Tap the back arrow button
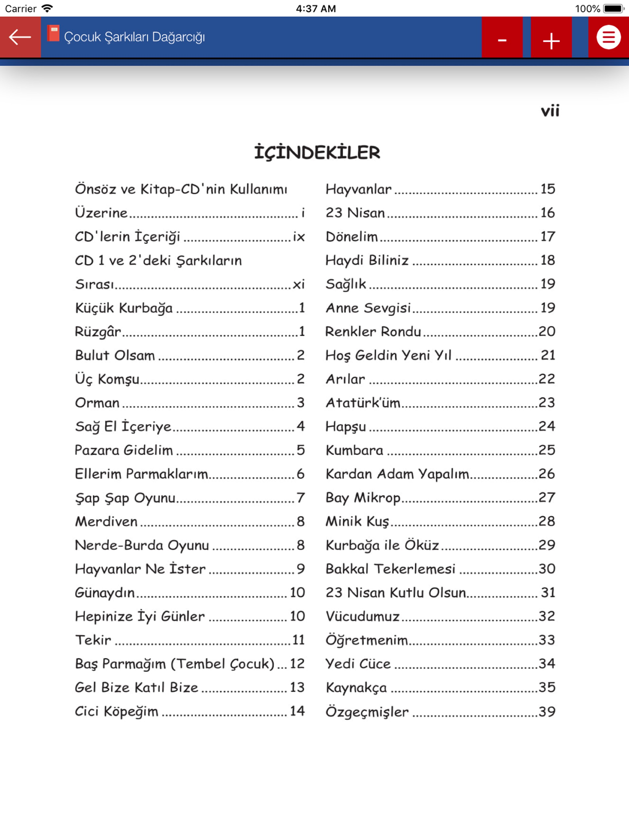tap(20, 37)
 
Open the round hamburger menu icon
tap(608, 37)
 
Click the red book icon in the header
tap(53, 34)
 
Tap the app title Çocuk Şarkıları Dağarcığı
tap(135, 37)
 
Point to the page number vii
tap(550, 111)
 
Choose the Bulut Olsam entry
tap(115, 355)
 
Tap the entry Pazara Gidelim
tap(124, 450)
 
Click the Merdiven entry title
tap(106, 522)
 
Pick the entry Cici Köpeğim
tap(116, 711)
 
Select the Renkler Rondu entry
tap(373, 331)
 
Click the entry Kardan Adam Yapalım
tap(397, 474)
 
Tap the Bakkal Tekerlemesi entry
tap(390, 569)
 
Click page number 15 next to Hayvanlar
tap(547, 189)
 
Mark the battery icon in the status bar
tap(613, 8)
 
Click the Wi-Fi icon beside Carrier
tap(47, 8)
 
